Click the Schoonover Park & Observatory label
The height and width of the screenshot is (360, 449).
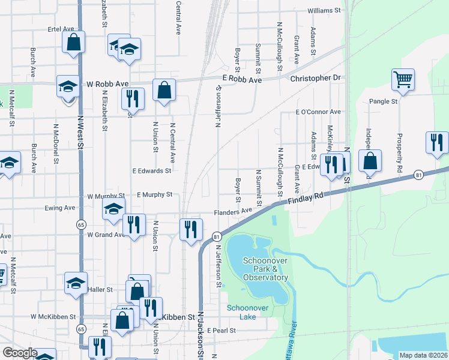click(266, 269)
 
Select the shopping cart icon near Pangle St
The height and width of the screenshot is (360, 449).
click(403, 79)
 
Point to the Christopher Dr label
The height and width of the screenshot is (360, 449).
click(315, 78)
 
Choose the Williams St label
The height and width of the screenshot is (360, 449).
click(324, 11)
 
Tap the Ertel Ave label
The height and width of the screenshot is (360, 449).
click(61, 29)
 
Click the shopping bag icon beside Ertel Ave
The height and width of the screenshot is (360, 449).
click(74, 43)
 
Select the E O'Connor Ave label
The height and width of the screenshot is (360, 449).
click(318, 112)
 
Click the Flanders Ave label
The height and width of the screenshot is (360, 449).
click(234, 212)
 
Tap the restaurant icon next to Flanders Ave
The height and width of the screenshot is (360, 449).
click(191, 229)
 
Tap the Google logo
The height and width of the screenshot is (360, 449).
click(20, 353)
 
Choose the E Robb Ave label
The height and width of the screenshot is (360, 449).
click(243, 80)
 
